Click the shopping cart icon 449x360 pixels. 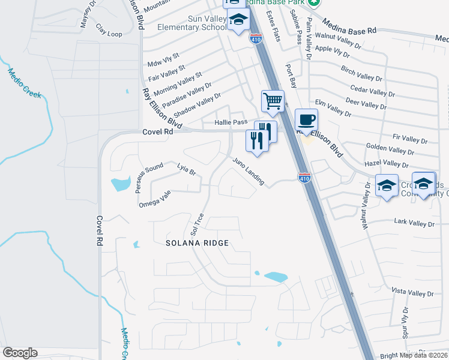coord(273,101)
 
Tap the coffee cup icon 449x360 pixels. coord(306,119)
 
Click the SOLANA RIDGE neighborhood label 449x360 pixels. coord(198,242)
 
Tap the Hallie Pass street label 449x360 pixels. coord(231,122)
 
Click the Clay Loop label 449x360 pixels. coord(109,34)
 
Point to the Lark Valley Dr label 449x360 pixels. coord(414,223)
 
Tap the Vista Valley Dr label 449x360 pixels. coord(412,292)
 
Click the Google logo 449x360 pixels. coord(20,353)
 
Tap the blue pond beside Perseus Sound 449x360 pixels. coord(120,183)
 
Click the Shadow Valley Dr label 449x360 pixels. coord(197,104)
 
